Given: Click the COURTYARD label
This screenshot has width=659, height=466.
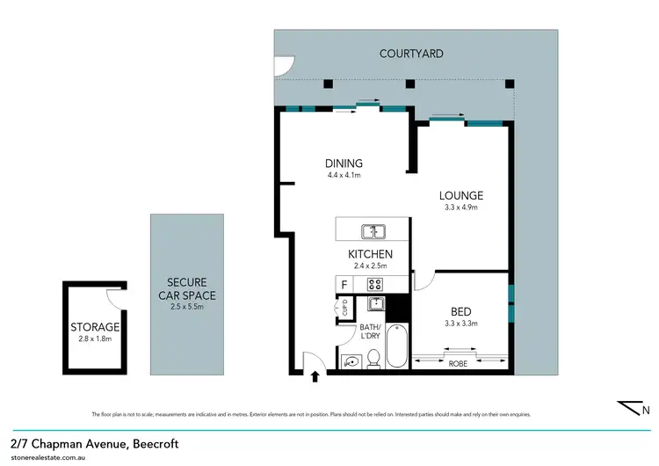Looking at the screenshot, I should click(x=411, y=54).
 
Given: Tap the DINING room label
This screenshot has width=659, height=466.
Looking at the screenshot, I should click(x=344, y=164).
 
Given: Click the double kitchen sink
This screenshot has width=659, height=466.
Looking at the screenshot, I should click(x=373, y=232).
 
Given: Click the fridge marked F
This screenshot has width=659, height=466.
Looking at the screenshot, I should click(x=344, y=284).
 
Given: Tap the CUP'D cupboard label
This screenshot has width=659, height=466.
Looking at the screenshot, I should click(x=344, y=308).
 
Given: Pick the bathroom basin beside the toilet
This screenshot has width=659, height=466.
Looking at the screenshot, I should click(x=351, y=360).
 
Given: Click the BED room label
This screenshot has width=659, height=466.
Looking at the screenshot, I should click(x=460, y=311).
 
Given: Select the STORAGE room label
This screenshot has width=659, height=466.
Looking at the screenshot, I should click(x=95, y=327).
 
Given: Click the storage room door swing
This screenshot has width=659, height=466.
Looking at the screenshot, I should click(x=117, y=299).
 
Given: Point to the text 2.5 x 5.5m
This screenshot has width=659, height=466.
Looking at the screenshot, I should click(x=185, y=307).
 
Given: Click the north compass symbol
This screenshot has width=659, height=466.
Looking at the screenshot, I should click(x=633, y=408).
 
